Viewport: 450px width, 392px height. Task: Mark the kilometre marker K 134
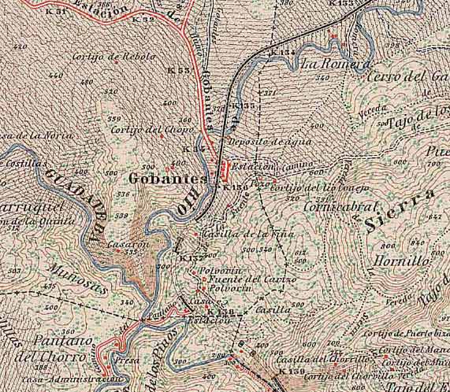281,53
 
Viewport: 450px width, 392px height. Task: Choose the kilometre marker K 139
291,371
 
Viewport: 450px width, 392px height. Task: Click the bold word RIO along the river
183,205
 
